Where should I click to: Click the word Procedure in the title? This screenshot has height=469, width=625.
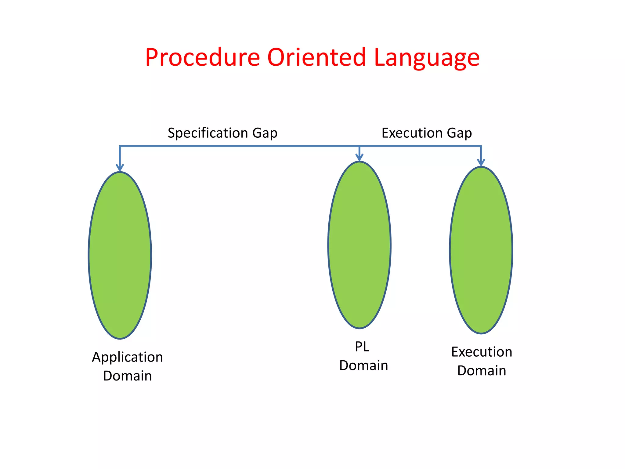[x=202, y=57]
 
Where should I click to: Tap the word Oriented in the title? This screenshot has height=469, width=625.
[x=316, y=57]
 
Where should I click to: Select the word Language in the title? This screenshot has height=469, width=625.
[x=426, y=58]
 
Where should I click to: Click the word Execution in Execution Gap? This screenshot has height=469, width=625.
[x=412, y=133]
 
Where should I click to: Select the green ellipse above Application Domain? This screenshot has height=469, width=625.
[x=120, y=255]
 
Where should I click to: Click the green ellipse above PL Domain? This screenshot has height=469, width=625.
[x=359, y=245]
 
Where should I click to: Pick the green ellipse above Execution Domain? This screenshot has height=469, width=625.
[x=481, y=250]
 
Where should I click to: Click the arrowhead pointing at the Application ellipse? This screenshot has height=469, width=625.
[x=120, y=168]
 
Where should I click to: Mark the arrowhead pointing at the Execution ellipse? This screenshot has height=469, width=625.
[x=481, y=162]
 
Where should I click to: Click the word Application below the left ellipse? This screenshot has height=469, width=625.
[x=128, y=358]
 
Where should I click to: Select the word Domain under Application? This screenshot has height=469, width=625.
[x=128, y=376]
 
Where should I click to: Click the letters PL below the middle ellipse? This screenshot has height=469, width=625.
[x=362, y=347]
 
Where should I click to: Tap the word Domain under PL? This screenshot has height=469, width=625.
[x=363, y=365]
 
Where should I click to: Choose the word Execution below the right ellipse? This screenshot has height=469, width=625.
[x=482, y=352]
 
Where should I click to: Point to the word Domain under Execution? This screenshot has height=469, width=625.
[x=482, y=371]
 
